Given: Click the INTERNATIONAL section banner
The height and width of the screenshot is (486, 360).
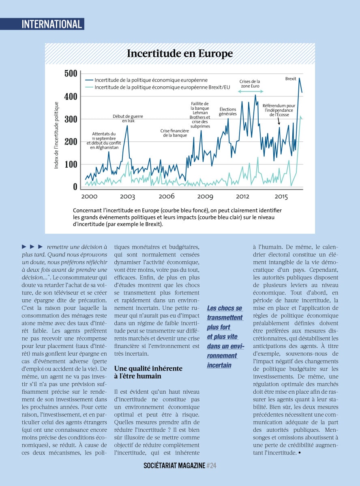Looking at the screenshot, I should click(x=52, y=24).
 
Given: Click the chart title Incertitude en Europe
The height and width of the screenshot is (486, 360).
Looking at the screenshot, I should click(x=180, y=53).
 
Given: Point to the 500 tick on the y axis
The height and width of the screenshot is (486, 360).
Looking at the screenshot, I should click(x=71, y=74).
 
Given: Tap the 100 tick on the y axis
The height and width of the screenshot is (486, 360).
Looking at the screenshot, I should click(x=71, y=164).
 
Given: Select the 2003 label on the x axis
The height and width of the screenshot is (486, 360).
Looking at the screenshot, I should click(x=127, y=196).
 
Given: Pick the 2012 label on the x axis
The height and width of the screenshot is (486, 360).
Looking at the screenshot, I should click(x=242, y=196).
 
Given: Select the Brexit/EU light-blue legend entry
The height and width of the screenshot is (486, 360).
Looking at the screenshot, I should click(x=158, y=87).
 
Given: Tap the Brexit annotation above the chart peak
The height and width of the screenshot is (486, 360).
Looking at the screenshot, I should click(x=291, y=79).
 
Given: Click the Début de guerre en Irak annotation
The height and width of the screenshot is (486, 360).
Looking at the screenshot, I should click(x=128, y=118).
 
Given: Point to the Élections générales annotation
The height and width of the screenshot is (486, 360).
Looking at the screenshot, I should click(x=228, y=111).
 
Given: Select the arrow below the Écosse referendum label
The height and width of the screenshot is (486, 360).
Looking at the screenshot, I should click(x=279, y=120).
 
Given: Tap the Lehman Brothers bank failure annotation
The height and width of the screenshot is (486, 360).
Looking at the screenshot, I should click(x=200, y=115).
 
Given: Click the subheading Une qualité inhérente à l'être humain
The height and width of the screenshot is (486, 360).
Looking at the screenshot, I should click(x=148, y=372).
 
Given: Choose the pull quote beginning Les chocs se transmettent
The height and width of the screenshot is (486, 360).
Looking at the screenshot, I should click(x=225, y=337).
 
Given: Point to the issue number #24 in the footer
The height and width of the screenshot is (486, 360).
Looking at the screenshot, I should click(x=211, y=466).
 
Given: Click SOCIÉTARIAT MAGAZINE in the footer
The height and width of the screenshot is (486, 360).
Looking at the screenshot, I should click(x=174, y=466).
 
